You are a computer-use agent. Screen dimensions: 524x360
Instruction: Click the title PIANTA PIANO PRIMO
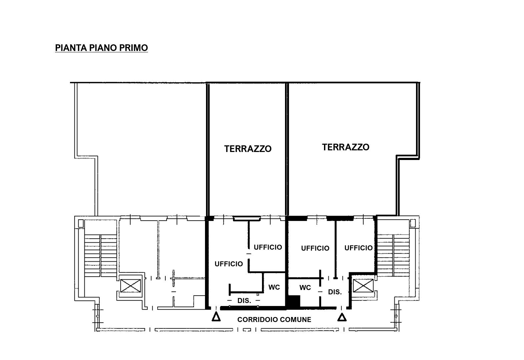coord(101,48)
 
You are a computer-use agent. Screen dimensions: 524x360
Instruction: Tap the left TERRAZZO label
coord(248,149)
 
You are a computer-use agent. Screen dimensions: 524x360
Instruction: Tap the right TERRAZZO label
coord(346,147)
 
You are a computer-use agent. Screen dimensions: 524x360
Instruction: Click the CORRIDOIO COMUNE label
coord(274,320)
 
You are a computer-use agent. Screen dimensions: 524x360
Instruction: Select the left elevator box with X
coord(131,286)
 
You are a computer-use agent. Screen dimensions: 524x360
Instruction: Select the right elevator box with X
coord(363,286)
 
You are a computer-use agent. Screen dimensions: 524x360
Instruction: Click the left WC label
coord(274,287)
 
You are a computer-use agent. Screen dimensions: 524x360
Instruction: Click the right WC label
coord(305,287)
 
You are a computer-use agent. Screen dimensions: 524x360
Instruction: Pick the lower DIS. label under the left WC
coord(244,301)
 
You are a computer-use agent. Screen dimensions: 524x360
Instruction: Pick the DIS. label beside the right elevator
coord(335,292)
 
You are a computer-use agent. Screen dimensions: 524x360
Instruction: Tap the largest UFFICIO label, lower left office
coord(229,264)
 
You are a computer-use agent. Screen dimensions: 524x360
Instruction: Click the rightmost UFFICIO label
coord(358,248)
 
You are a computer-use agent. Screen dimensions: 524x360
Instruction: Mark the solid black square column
coord(294,301)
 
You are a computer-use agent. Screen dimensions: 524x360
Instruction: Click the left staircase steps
coord(100,256)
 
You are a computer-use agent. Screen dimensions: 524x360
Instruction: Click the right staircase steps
coord(393,255)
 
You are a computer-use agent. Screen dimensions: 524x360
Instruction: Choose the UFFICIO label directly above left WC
coord(268,247)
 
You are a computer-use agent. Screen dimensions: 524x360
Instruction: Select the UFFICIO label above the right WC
coord(315,248)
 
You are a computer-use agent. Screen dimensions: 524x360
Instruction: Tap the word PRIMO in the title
coord(134,48)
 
